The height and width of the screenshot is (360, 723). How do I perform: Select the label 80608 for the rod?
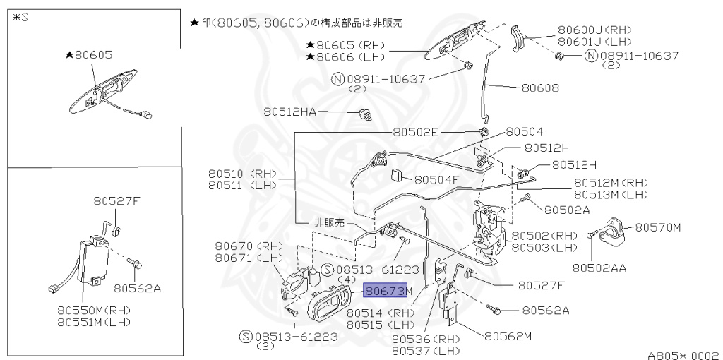(x=540, y=88)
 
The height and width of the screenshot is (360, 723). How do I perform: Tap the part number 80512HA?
(x=291, y=112)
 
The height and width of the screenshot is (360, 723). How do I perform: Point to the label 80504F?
(x=436, y=179)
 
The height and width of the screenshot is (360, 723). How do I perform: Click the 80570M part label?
(x=658, y=227)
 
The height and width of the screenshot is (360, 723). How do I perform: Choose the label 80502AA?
(x=599, y=268)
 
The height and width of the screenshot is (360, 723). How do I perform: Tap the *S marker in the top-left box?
(x=20, y=17)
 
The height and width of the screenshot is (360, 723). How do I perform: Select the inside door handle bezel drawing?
(x=330, y=305)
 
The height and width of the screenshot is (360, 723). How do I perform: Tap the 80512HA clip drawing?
(x=366, y=114)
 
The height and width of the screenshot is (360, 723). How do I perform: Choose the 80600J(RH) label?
(x=594, y=30)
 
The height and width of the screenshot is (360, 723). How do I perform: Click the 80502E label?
(x=416, y=132)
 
